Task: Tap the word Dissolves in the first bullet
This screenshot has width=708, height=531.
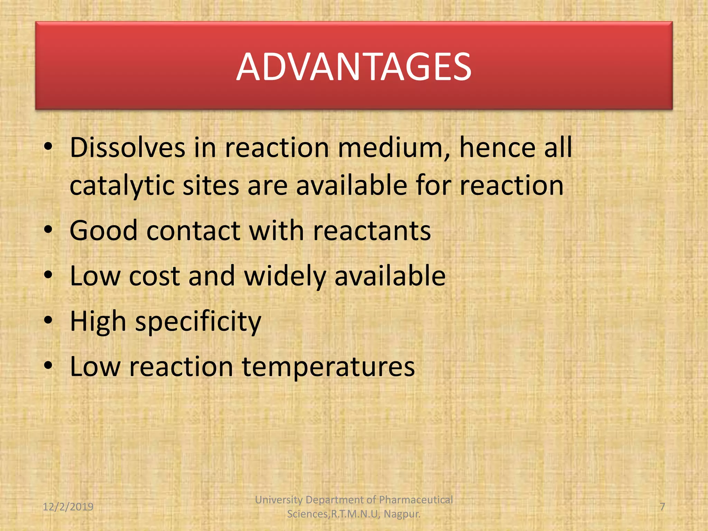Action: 128,148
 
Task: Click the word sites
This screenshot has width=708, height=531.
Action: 211,186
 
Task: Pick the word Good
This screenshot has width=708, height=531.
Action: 103,231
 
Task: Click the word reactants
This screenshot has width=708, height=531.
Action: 372,231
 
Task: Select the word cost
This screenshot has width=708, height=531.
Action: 154,276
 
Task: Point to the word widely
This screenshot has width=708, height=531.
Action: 285,276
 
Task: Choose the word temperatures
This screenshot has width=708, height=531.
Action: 328,367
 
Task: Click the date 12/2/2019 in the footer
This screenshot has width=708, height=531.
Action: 68,507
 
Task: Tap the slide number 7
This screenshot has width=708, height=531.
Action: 662,507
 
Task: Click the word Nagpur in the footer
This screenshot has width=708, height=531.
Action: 402,514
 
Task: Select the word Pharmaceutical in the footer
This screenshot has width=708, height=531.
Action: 416,500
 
